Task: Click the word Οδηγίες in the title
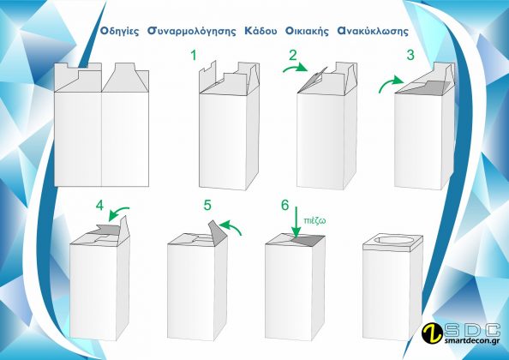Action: pos(119,32)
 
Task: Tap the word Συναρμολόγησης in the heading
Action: pos(192,32)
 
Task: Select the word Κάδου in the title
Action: pos(261,31)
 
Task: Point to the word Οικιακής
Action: pos(307,32)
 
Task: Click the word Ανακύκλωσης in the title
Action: pos(373,31)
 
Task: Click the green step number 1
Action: pos(194,55)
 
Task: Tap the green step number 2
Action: pos(293,55)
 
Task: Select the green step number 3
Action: pos(410,55)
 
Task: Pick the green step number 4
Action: pos(99,206)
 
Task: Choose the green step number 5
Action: pos(207,206)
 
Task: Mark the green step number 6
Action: pos(284,205)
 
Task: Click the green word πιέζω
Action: pos(314,221)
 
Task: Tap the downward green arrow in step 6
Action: pos(296,223)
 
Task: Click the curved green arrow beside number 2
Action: pos(294,67)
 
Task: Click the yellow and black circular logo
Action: pos(432,333)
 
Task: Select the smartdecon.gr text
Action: pos(471,341)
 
